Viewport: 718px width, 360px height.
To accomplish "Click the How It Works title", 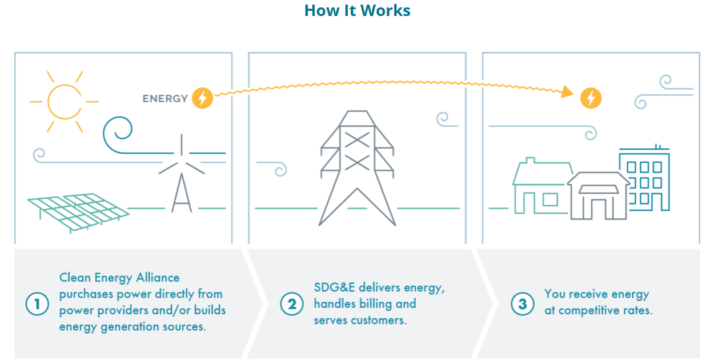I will tap(357, 10).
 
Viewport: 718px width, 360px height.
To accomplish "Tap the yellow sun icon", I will tap(64, 101).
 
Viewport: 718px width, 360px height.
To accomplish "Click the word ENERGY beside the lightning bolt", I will tap(165, 98).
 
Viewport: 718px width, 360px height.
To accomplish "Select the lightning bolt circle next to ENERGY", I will tap(202, 98).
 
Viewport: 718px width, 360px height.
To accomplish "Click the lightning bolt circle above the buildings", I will tap(591, 98).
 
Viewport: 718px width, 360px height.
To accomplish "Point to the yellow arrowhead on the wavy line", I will tap(567, 91).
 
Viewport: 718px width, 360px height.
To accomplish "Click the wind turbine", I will tap(181, 174).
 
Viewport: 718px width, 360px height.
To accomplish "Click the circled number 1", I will tap(37, 303).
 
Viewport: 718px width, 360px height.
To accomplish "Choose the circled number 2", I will tap(291, 303).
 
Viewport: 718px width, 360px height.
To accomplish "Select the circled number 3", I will tap(522, 303).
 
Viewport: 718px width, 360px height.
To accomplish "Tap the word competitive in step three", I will tap(597, 311).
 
